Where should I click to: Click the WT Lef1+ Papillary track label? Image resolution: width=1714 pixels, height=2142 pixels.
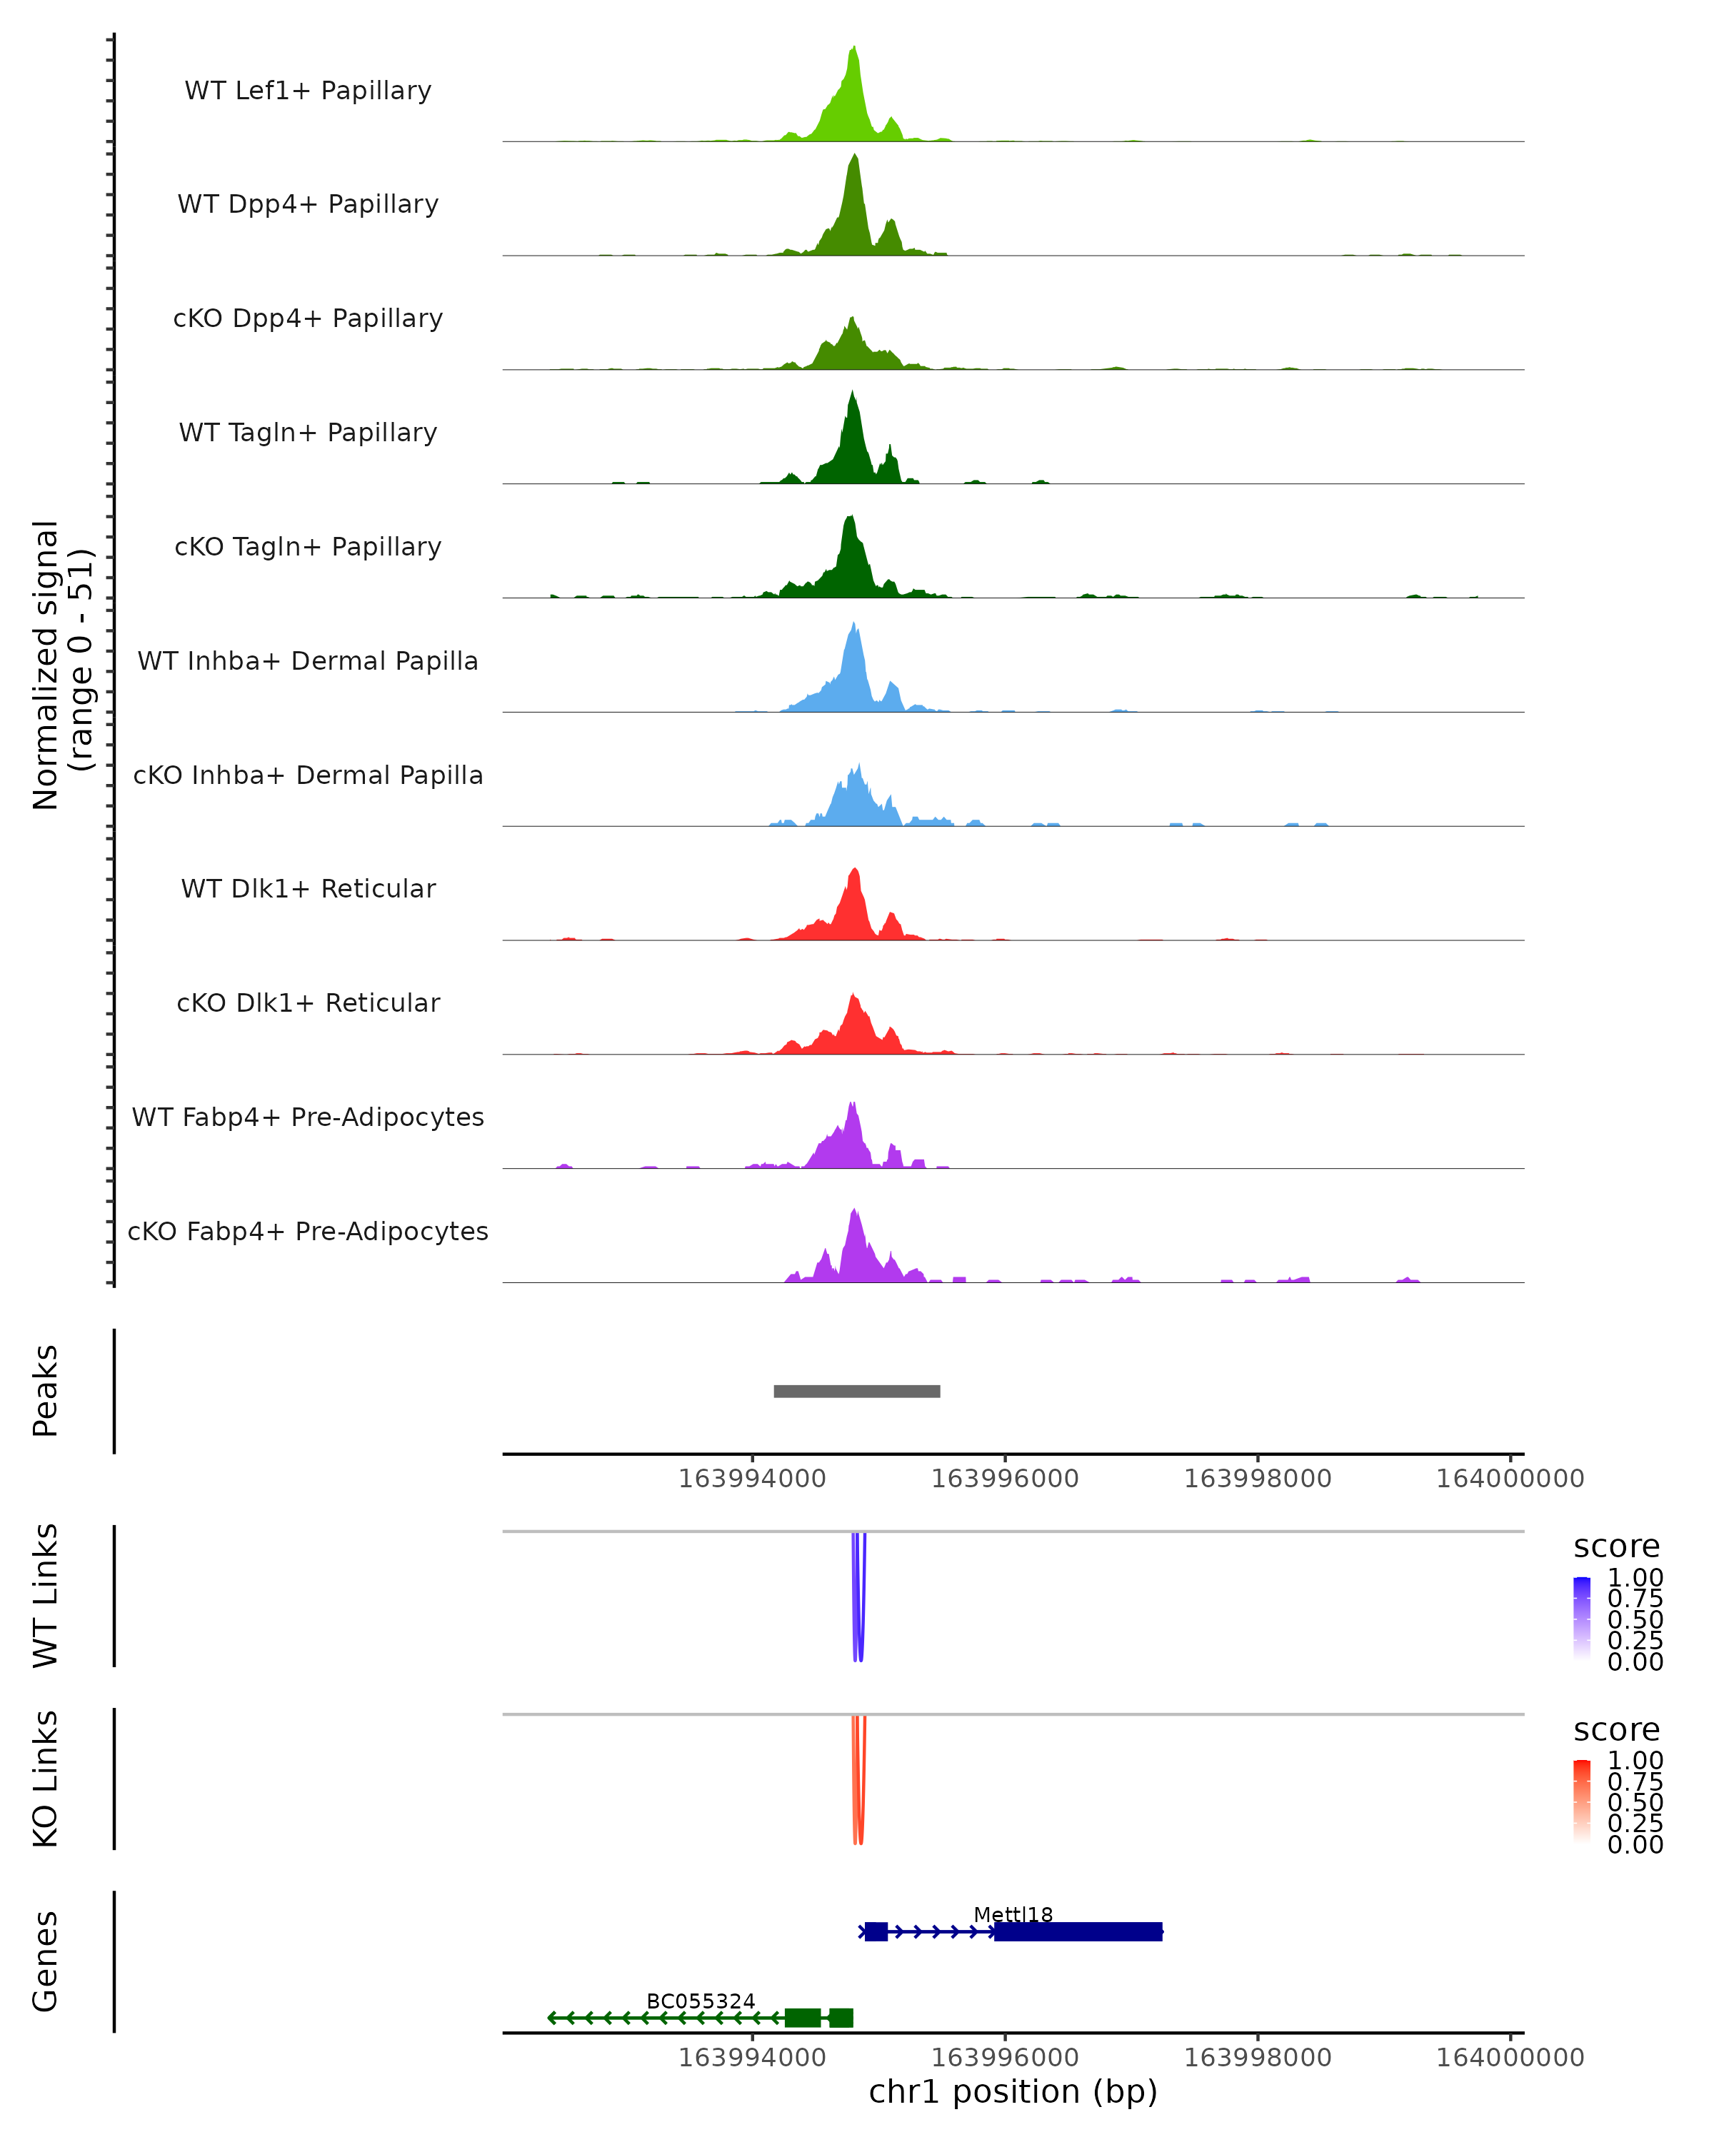308,91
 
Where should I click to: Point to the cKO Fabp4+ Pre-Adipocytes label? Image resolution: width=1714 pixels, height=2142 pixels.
308,1231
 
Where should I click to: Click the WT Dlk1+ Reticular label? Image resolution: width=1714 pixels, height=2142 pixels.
308,888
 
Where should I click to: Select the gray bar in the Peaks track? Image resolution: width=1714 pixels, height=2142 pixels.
856,1391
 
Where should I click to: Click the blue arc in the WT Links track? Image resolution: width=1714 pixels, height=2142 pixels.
858,1599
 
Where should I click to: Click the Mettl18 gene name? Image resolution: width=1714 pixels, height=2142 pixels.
1013,1914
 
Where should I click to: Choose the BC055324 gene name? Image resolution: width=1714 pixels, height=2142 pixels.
701,2001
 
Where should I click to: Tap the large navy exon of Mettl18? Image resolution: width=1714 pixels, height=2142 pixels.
1078,1931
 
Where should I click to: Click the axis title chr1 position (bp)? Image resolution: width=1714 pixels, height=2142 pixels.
1013,2092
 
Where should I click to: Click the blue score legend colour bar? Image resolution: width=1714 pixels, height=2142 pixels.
1582,1619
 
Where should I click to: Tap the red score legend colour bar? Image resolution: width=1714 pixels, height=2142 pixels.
1582,1801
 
